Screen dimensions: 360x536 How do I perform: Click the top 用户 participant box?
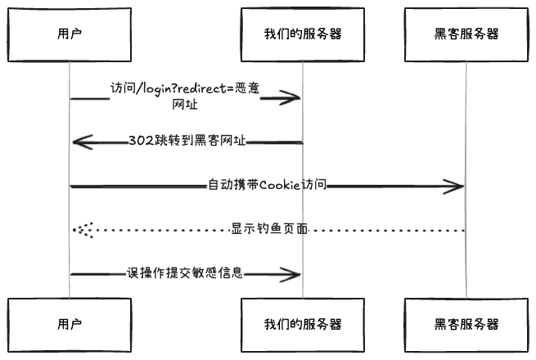[70, 34]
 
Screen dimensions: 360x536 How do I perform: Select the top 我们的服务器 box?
[303, 34]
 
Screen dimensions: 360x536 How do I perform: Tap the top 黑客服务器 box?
[466, 34]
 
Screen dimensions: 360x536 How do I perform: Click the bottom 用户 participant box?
[70, 324]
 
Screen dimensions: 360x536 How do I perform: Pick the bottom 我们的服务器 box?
[303, 324]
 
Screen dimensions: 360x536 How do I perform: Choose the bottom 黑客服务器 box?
[466, 324]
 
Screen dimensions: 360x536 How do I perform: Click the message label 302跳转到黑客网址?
[187, 141]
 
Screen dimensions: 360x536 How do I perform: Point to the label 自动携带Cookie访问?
[268, 186]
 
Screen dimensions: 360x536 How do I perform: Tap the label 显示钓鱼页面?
[269, 229]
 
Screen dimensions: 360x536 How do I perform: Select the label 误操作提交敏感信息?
[185, 273]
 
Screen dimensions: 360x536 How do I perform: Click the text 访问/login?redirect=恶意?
[186, 89]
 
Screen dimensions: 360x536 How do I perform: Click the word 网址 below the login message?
[185, 106]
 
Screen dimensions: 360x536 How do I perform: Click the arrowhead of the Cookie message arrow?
[459, 187]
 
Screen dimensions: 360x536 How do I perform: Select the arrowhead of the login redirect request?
[295, 98]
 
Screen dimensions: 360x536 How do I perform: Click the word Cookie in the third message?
[282, 186]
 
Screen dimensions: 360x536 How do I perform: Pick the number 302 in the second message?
[139, 141]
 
